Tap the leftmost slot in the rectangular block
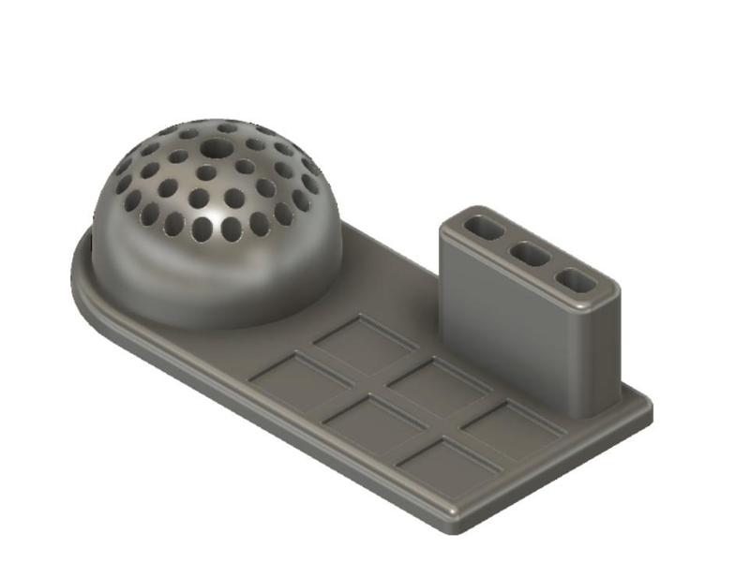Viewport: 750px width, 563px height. pos(485,228)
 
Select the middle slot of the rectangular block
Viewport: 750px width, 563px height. pos(531,254)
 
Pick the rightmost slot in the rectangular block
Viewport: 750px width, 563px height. pos(575,280)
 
